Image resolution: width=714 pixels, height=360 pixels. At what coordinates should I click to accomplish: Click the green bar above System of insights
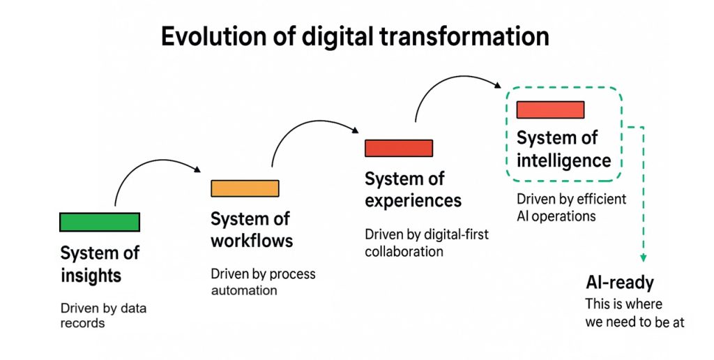point(100,222)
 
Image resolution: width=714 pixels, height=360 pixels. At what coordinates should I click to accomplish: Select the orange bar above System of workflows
point(245,188)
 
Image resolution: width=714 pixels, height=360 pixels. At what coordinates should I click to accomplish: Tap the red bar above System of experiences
point(399,148)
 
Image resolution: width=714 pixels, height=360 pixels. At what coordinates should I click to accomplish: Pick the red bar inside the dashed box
point(551,110)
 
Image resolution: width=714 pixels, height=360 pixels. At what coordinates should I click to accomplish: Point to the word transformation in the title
point(464,36)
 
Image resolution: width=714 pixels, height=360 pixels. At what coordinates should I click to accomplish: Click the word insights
point(91,276)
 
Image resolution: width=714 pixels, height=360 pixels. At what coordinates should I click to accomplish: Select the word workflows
point(252,240)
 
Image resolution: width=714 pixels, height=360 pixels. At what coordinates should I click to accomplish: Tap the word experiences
point(413,201)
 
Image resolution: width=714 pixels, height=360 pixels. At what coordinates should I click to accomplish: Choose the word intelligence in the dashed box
point(563,161)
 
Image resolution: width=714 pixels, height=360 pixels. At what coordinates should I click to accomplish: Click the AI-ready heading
point(620,283)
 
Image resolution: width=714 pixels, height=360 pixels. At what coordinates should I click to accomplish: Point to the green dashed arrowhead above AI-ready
point(643,258)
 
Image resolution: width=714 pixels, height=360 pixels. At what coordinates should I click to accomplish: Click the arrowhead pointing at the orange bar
point(197,170)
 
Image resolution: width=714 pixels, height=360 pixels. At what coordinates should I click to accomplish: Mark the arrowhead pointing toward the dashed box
point(498,84)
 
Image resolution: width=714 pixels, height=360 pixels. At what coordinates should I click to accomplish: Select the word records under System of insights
point(83,323)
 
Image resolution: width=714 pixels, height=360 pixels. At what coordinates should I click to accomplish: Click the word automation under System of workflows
point(244,290)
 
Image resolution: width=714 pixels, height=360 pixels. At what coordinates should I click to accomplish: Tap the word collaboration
point(404,252)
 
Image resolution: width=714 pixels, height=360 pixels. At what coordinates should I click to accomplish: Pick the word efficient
point(602,199)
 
